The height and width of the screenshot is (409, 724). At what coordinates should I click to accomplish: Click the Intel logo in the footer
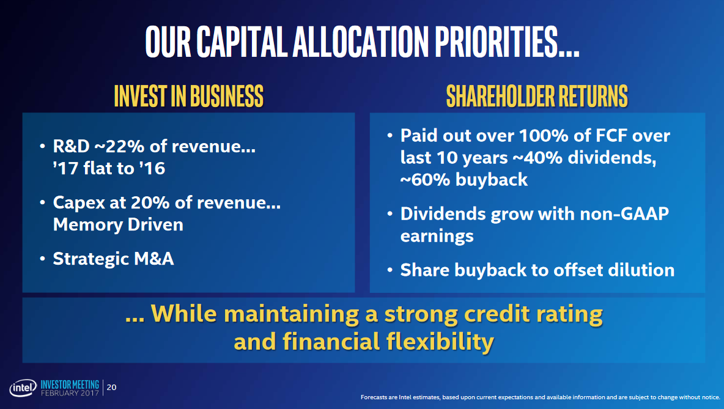point(23,389)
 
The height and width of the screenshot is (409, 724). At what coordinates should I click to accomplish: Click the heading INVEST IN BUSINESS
point(188,96)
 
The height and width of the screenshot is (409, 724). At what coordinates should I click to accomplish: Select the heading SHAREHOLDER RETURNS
point(537,96)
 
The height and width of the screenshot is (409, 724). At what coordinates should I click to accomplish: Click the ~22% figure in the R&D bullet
point(116,147)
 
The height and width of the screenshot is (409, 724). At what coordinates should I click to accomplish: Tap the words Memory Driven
point(118,224)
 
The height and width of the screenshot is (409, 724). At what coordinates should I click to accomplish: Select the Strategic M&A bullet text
point(113,259)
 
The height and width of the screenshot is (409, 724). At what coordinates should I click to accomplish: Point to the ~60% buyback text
point(464,180)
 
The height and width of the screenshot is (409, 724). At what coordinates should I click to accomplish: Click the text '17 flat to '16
point(109,168)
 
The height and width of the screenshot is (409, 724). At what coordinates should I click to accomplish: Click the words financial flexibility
point(363,341)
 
